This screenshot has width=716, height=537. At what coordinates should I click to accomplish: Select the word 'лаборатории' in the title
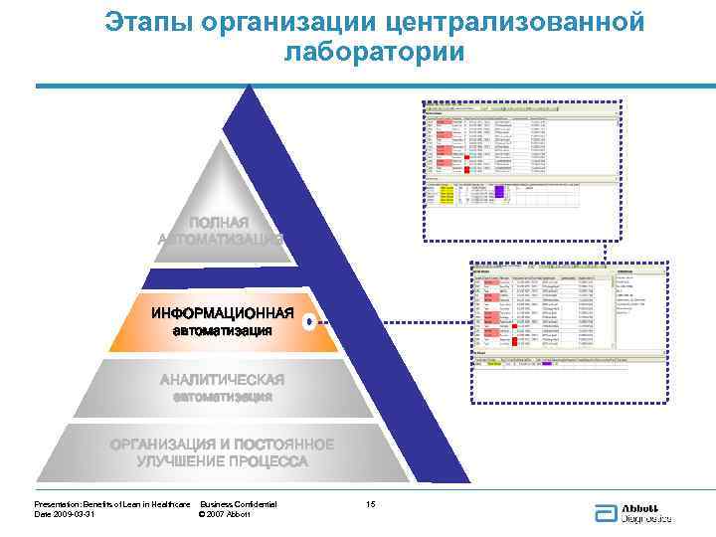click(373, 52)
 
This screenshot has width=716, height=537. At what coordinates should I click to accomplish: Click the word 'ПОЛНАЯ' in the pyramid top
click(220, 222)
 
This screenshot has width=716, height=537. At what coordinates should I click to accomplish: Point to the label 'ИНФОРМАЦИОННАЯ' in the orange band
click(223, 314)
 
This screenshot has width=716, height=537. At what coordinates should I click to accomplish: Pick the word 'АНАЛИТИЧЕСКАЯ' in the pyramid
click(223, 380)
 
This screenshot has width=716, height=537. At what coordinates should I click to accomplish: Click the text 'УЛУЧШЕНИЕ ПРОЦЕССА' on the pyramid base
click(223, 461)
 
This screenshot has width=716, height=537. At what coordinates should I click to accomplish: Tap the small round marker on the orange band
click(310, 321)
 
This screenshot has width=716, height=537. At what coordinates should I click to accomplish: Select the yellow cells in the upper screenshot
click(446, 196)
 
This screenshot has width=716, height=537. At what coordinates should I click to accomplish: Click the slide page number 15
click(371, 504)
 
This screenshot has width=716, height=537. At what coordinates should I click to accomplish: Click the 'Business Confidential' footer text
click(239, 504)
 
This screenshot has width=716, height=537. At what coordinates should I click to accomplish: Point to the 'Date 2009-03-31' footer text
click(65, 514)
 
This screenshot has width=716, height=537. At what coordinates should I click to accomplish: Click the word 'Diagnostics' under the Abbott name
click(646, 518)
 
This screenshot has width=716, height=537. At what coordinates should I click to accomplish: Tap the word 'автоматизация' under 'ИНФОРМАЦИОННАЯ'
click(223, 331)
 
